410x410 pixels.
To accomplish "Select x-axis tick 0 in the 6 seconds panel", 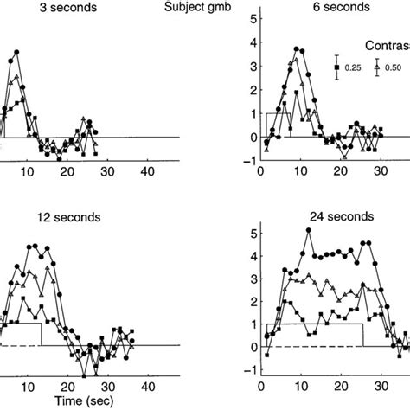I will click(260, 173).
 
